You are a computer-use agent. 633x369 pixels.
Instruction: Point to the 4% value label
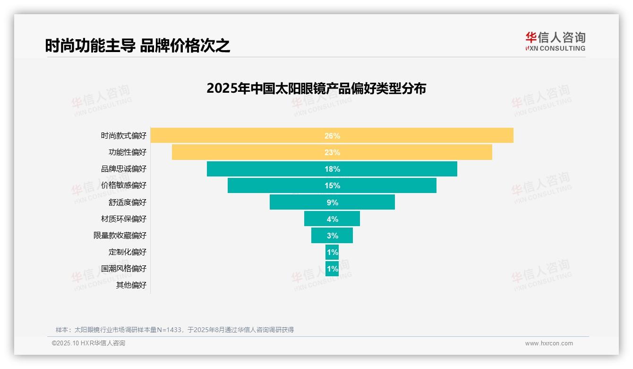332,219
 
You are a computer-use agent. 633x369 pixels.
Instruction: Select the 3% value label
332,236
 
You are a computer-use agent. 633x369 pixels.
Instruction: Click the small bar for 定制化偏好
332,252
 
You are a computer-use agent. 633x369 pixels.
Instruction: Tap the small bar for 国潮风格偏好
332,269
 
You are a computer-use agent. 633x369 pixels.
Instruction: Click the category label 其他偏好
131,285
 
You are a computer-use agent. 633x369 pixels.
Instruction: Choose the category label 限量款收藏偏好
120,236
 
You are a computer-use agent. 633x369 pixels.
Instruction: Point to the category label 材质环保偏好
124,219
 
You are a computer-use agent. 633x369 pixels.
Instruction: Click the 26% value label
332,136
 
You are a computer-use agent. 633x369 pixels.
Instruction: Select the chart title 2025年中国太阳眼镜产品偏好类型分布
316,88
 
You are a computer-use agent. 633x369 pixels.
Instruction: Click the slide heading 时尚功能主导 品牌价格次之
137,46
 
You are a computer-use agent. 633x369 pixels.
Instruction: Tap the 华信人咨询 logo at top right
555,41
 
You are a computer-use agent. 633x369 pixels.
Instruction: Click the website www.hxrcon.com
549,343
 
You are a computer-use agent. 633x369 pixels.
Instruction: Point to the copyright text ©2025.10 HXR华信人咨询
88,343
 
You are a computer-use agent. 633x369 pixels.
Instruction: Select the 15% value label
332,185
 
